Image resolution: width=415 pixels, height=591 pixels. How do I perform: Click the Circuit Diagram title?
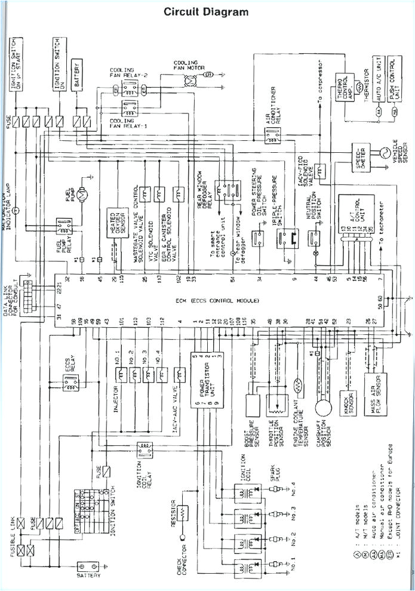pyautogui.click(x=206, y=11)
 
